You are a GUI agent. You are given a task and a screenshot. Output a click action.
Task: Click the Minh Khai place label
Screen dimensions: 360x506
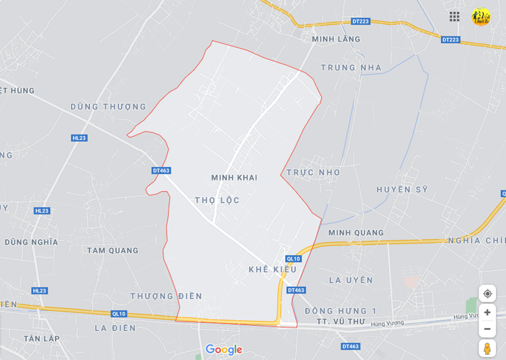[234, 178]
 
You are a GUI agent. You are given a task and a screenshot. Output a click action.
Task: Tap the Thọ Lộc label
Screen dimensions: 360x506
[217, 201]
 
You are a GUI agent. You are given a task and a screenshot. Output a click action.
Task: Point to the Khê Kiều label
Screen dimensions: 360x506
[272, 269]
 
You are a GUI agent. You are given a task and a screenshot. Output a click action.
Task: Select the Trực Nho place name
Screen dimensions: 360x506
[314, 172]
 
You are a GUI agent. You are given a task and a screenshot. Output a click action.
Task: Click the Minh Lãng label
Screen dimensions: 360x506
[336, 39]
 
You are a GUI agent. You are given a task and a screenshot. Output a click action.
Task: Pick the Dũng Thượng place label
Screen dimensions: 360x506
[108, 107]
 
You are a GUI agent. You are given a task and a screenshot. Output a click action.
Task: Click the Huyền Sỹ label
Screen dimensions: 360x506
[402, 189]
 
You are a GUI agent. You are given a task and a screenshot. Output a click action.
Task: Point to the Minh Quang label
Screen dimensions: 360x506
[356, 233]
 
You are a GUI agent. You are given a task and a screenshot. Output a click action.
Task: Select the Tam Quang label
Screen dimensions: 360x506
[112, 251]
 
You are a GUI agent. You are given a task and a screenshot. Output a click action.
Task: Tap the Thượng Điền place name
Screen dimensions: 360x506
[166, 296]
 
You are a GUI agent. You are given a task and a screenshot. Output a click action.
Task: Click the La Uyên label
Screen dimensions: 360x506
[351, 280]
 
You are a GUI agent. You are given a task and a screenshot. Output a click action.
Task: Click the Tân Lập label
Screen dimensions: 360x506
[41, 338]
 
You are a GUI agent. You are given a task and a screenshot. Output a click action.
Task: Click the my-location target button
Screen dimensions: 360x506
[487, 294]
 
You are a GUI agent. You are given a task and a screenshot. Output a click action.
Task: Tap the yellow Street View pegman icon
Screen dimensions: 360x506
[487, 348]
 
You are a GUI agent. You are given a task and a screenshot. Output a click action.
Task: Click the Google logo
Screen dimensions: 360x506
[224, 350]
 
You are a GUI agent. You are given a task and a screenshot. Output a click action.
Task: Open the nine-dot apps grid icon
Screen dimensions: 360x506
[454, 16]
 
